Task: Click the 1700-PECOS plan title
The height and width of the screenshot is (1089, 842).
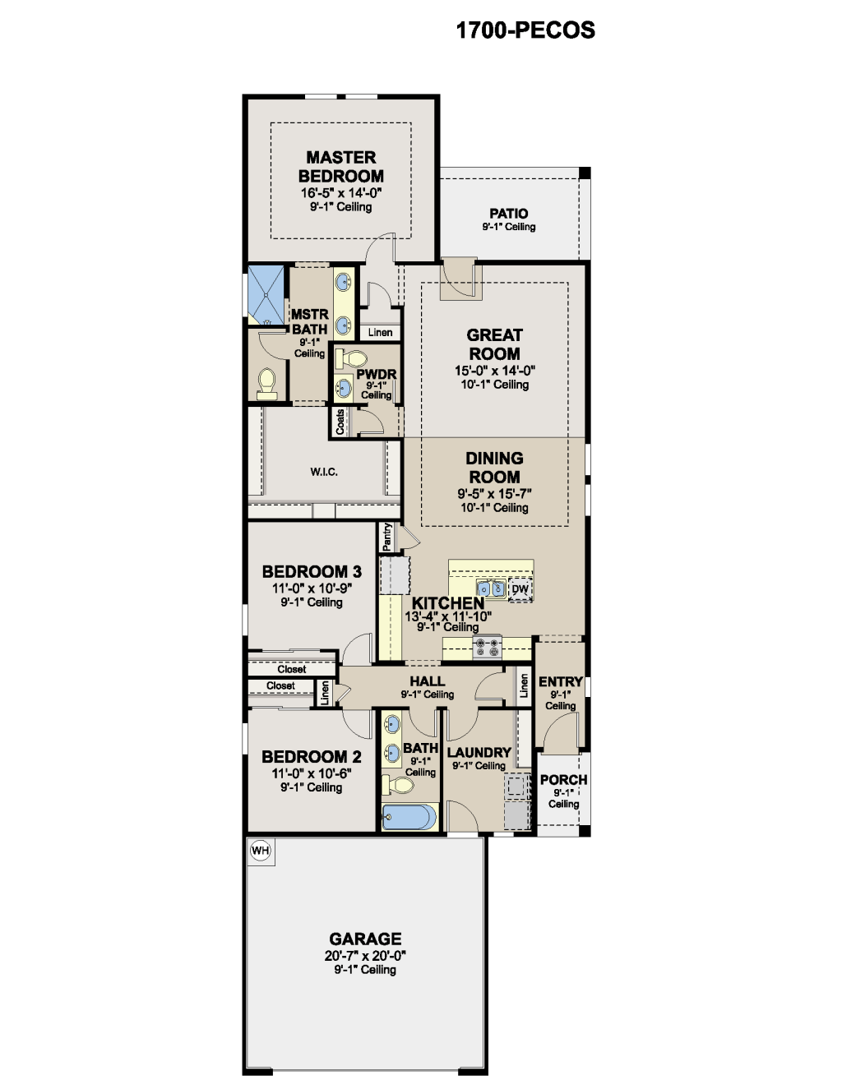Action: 525,30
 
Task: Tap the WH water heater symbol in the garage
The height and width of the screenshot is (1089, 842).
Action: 260,851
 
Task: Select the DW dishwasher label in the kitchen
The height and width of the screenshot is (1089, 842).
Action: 520,588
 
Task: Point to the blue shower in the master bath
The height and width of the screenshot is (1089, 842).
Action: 266,295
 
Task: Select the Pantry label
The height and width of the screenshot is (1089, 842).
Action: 387,537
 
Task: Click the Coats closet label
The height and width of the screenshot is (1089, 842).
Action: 340,422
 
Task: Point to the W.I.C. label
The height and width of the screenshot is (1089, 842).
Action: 324,472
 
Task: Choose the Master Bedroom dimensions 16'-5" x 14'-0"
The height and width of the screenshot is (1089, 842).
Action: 341,193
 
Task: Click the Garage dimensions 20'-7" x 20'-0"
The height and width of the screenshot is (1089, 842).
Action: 365,956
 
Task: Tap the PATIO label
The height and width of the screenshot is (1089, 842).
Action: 509,214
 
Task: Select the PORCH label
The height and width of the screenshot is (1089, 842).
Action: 564,780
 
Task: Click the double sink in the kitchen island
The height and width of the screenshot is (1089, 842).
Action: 491,588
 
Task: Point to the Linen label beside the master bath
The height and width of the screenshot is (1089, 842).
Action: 381,332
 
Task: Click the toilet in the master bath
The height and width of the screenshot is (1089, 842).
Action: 267,384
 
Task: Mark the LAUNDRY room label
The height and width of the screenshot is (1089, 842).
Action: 479,753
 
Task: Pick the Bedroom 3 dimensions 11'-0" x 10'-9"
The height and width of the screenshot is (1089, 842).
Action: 312,588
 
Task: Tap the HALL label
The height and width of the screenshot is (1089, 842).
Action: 428,681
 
